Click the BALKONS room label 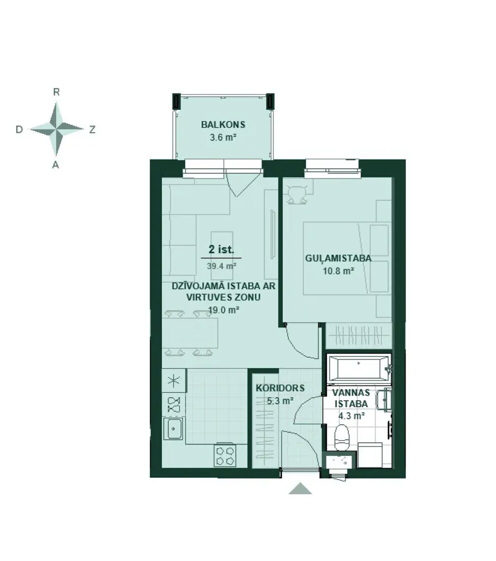pyautogui.click(x=223, y=124)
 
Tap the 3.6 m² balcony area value pyautogui.click(x=223, y=137)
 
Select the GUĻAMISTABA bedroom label pyautogui.click(x=338, y=258)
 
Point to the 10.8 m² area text pyautogui.click(x=338, y=270)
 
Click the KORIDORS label pyautogui.click(x=280, y=388)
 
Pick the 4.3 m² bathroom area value pyautogui.click(x=351, y=415)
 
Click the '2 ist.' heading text pyautogui.click(x=221, y=249)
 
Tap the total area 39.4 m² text pyautogui.click(x=221, y=266)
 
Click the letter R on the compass pyautogui.click(x=56, y=92)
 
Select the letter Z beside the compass pyautogui.click(x=92, y=129)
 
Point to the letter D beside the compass pyautogui.click(x=19, y=129)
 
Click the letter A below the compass pyautogui.click(x=55, y=165)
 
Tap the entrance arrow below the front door pyautogui.click(x=300, y=488)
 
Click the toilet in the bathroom pyautogui.click(x=341, y=437)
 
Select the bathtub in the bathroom pyautogui.click(x=359, y=368)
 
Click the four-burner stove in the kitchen pyautogui.click(x=225, y=455)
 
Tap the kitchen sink pyautogui.click(x=173, y=428)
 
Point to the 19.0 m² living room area pyautogui.click(x=223, y=310)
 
